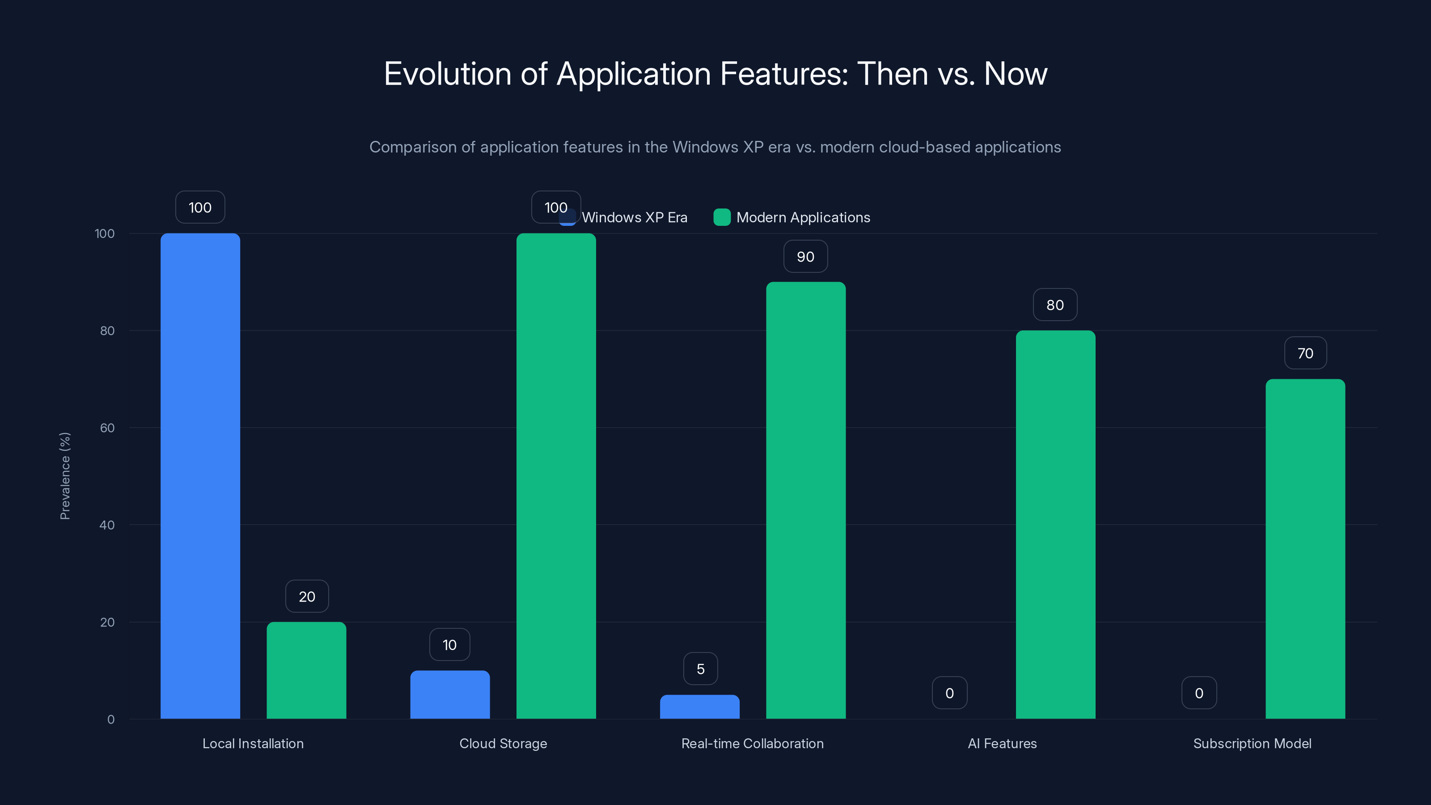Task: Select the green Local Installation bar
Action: pos(306,670)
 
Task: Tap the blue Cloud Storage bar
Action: pos(450,695)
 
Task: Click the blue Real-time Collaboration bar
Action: pos(699,707)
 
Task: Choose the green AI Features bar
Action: pos(1055,525)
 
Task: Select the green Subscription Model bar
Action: pos(1305,549)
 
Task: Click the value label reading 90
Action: pos(805,257)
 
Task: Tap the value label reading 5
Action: pos(700,669)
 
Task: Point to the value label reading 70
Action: pos(1305,353)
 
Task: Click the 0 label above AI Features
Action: pos(949,693)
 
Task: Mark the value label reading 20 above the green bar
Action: pos(307,597)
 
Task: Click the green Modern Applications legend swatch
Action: pos(722,217)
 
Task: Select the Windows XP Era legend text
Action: pos(635,217)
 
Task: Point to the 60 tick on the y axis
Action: pos(107,428)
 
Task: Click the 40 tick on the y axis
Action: pos(107,525)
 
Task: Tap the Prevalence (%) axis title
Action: pos(65,476)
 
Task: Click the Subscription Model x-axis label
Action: pos(1252,743)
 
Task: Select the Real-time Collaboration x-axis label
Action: pos(752,743)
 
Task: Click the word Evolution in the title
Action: pos(447,74)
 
